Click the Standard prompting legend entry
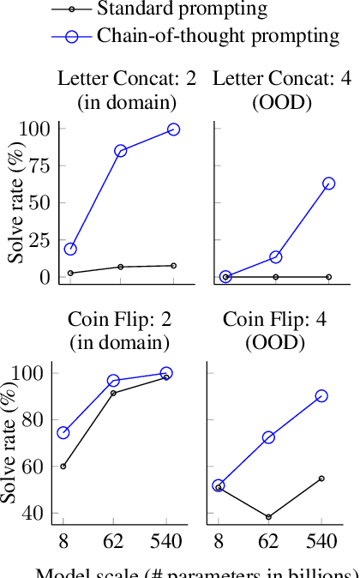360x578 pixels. coord(180,10)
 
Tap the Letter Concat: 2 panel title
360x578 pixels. coord(127,79)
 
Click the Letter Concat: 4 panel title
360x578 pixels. coord(281,79)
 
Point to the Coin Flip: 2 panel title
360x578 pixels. coord(120,321)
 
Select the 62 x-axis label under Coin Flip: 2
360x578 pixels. coord(113,540)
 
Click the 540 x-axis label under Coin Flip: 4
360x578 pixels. coord(321,540)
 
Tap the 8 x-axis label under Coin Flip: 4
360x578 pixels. coord(218,540)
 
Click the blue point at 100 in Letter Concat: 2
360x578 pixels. coord(173,129)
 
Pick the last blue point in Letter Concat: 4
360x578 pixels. coord(328,184)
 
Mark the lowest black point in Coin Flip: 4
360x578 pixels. coord(269,517)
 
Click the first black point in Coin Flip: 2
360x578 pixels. coord(63,467)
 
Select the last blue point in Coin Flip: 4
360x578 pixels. coord(321,396)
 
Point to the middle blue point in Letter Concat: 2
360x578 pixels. coord(120,151)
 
